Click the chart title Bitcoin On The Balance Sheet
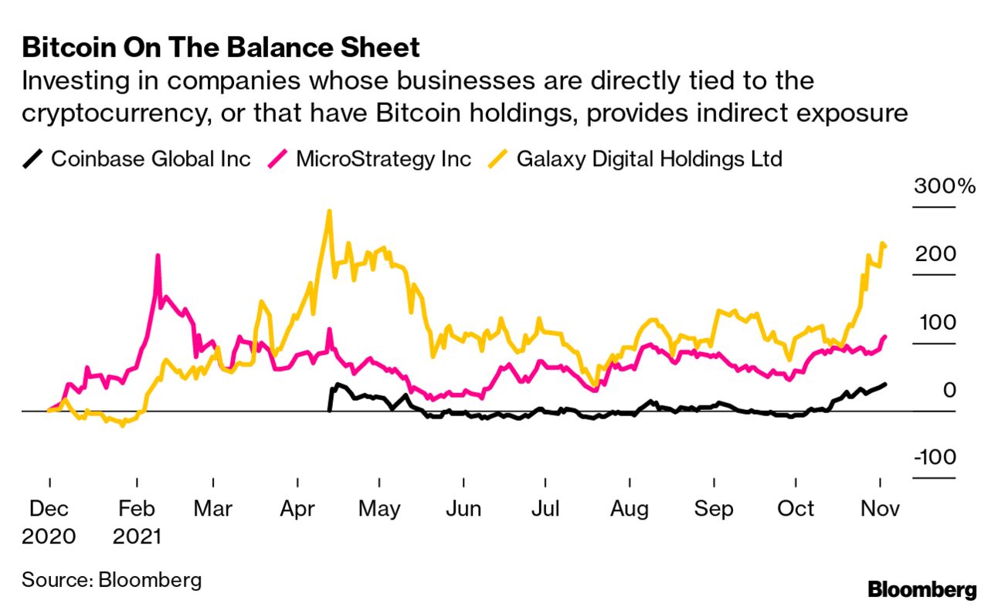[221, 48]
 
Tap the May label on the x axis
[379, 510]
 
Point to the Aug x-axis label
[630, 510]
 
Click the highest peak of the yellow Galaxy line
[330, 211]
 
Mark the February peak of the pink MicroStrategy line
[158, 256]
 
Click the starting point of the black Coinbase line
[331, 410]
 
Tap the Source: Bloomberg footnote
[111, 580]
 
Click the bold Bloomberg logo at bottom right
[922, 591]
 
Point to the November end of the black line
[885, 384]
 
